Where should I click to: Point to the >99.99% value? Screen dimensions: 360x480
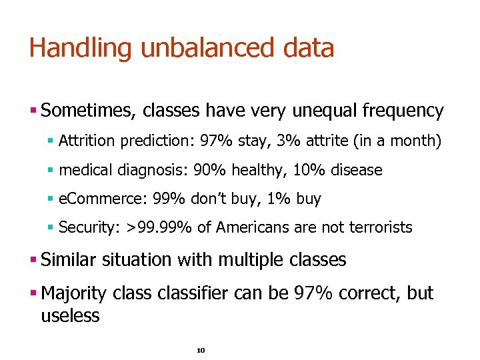tap(159, 228)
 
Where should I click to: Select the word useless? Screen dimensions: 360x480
tap(70, 315)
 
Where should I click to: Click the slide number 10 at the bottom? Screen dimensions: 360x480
tap(201, 350)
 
